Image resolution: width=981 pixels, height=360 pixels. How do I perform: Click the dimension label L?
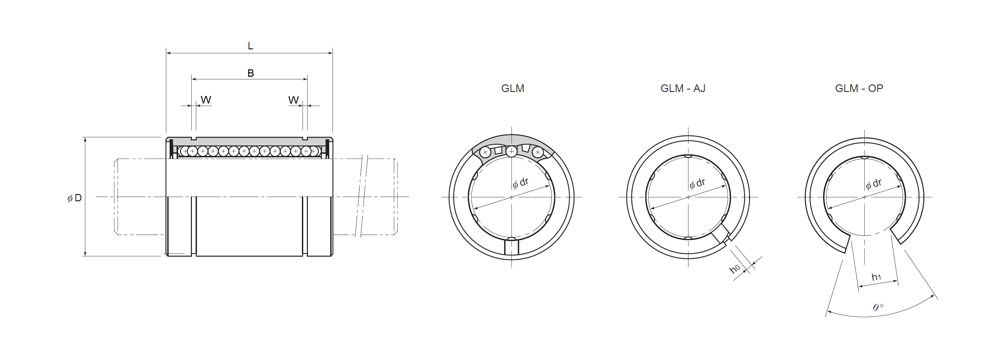click(x=250, y=46)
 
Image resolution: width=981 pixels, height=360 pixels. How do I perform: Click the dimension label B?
click(x=251, y=73)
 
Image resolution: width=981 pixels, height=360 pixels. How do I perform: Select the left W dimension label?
click(x=206, y=100)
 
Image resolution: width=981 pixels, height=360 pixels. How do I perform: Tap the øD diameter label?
click(x=75, y=198)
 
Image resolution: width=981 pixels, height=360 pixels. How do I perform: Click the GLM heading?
click(x=512, y=88)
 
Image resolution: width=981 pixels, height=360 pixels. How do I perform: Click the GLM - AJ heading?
click(x=683, y=88)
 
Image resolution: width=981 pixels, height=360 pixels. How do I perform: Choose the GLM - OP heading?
click(x=859, y=88)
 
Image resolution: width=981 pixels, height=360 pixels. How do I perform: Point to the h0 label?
click(x=735, y=269)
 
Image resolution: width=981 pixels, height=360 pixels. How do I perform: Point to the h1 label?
click(x=876, y=277)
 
